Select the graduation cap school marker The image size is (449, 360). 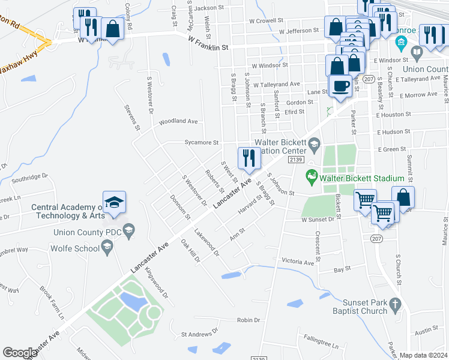114,203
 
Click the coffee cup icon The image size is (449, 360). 340,85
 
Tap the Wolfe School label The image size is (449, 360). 75,247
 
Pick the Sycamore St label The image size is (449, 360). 201,143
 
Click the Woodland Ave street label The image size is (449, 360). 178,121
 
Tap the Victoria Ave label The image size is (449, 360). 298,262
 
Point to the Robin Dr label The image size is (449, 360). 248,320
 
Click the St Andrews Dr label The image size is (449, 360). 200,334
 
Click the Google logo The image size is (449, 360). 20,353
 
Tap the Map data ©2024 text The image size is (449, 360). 424,355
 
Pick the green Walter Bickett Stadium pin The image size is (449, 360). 311,176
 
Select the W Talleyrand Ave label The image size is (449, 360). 276,85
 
